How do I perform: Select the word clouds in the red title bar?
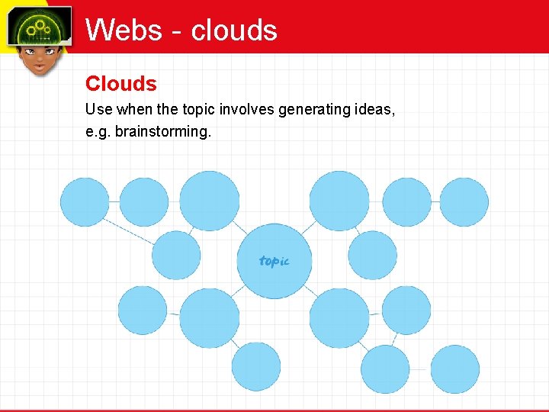point(234,30)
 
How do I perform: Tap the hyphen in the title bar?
point(178,32)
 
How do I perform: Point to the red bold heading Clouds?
point(120,83)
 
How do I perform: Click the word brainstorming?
point(162,131)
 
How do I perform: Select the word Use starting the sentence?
point(98,110)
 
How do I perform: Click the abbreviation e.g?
point(98,131)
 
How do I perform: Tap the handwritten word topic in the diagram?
point(274,261)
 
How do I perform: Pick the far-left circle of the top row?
point(85,201)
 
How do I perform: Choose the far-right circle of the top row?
point(464,201)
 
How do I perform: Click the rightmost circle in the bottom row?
point(454,369)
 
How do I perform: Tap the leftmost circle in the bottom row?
point(256,366)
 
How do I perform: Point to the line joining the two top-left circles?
point(114,201)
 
